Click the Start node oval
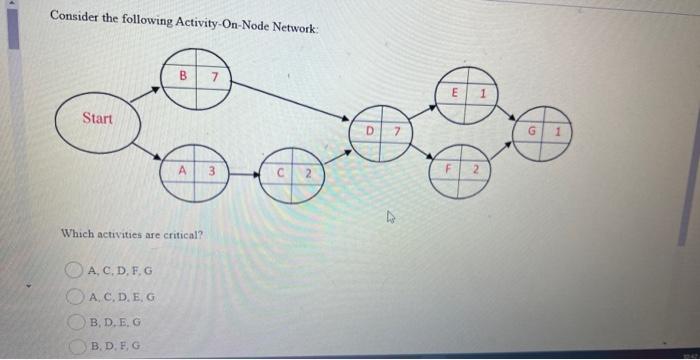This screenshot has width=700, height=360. (98, 120)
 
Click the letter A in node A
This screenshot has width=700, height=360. (183, 171)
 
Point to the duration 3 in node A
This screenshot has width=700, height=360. (212, 171)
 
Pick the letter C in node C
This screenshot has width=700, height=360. (283, 174)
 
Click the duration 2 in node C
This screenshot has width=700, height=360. (309, 174)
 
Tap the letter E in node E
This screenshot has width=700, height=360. (455, 91)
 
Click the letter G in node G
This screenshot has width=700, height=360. (532, 131)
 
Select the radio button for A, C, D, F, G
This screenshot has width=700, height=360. (73, 271)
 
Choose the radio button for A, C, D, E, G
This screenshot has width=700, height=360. (73, 295)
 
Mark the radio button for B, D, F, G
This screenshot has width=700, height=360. (73, 343)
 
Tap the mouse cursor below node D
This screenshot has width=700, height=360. (392, 212)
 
